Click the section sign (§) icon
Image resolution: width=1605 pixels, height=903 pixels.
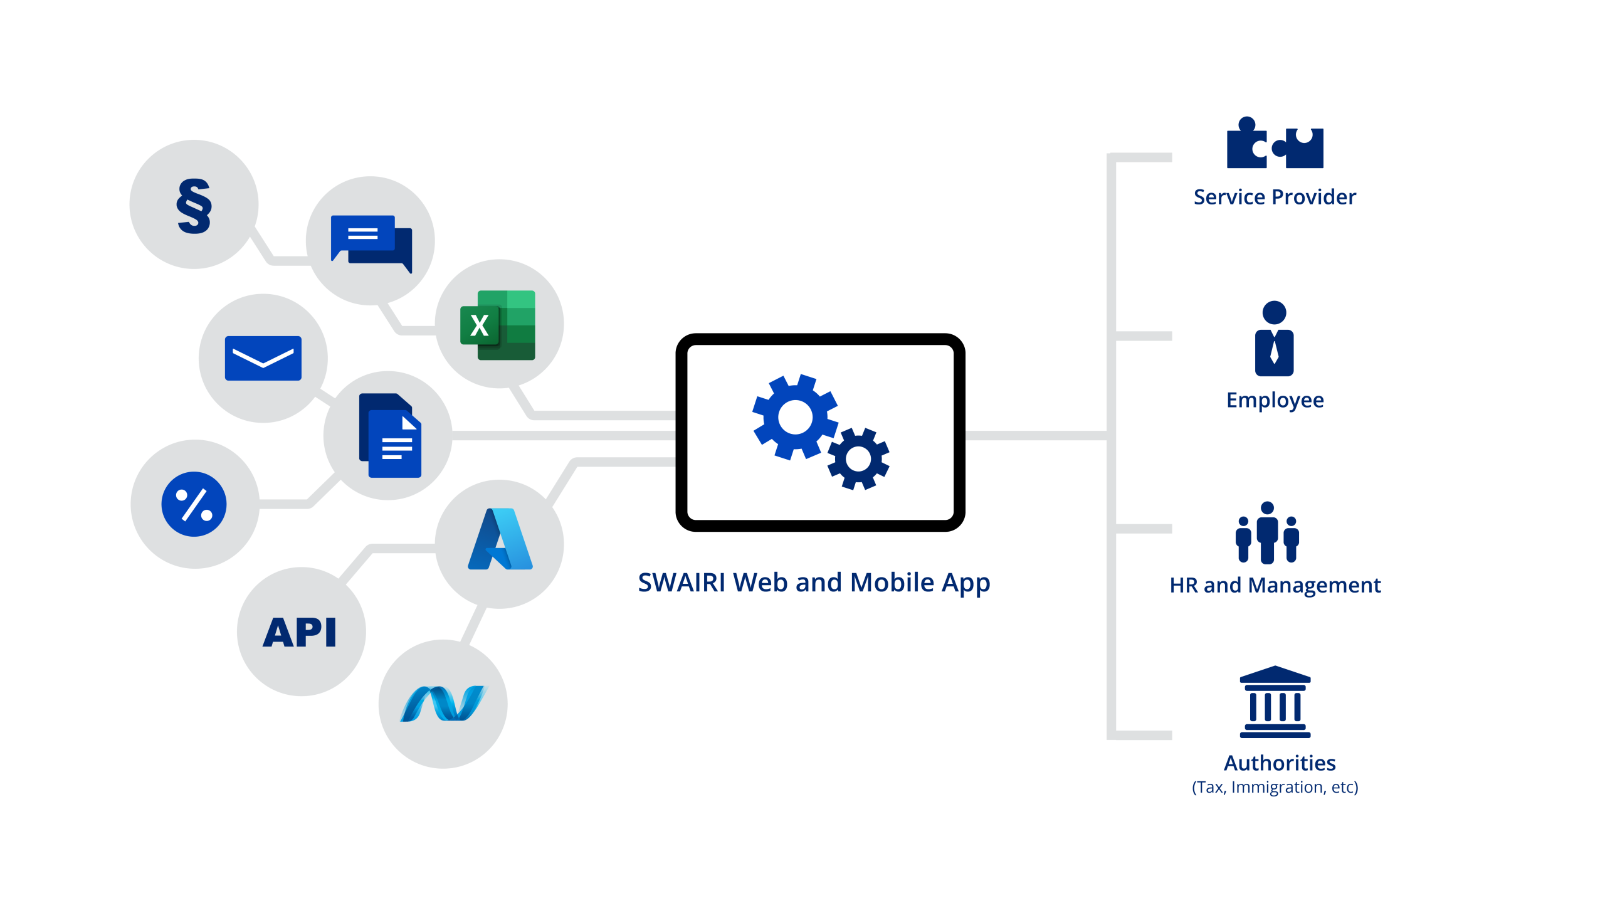click(194, 206)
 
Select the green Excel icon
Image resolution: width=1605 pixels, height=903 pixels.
click(498, 325)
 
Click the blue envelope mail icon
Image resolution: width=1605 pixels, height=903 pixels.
click(263, 358)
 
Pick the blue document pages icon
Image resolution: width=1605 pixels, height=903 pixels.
click(389, 435)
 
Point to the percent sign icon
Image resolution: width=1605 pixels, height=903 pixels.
click(194, 504)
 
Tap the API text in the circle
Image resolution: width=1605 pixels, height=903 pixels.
click(300, 631)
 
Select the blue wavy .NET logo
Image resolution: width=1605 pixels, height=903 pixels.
click(443, 704)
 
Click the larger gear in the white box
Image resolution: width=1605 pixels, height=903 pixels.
click(795, 416)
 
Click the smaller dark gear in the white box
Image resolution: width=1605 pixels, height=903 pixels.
click(858, 459)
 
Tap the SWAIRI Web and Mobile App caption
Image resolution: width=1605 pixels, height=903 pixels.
click(814, 583)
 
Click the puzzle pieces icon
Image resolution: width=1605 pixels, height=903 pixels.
click(1275, 144)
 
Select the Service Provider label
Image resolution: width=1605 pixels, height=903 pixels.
click(1275, 198)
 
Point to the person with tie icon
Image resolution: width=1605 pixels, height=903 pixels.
click(1274, 339)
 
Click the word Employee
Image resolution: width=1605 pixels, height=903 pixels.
click(1275, 400)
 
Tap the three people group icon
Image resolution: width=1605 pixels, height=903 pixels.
click(1267, 533)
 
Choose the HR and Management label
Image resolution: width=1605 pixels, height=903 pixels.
click(1275, 586)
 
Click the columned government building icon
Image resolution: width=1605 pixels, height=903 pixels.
click(1275, 702)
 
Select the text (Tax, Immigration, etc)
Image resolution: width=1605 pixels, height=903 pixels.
click(1275, 788)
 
